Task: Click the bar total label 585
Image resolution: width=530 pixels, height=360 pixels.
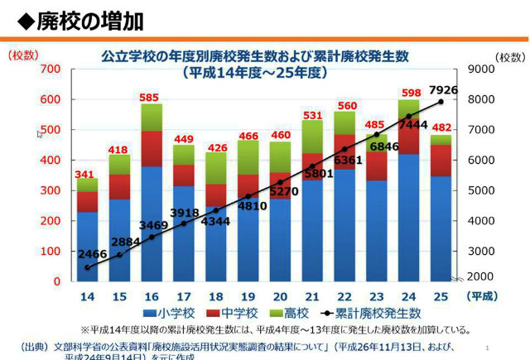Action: point(150,97)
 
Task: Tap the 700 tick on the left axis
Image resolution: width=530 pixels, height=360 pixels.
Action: point(51,69)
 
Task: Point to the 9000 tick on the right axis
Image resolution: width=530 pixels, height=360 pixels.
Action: point(482,69)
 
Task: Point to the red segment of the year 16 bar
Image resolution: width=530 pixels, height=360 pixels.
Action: point(151,148)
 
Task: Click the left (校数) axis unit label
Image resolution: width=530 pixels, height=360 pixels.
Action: point(22,55)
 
